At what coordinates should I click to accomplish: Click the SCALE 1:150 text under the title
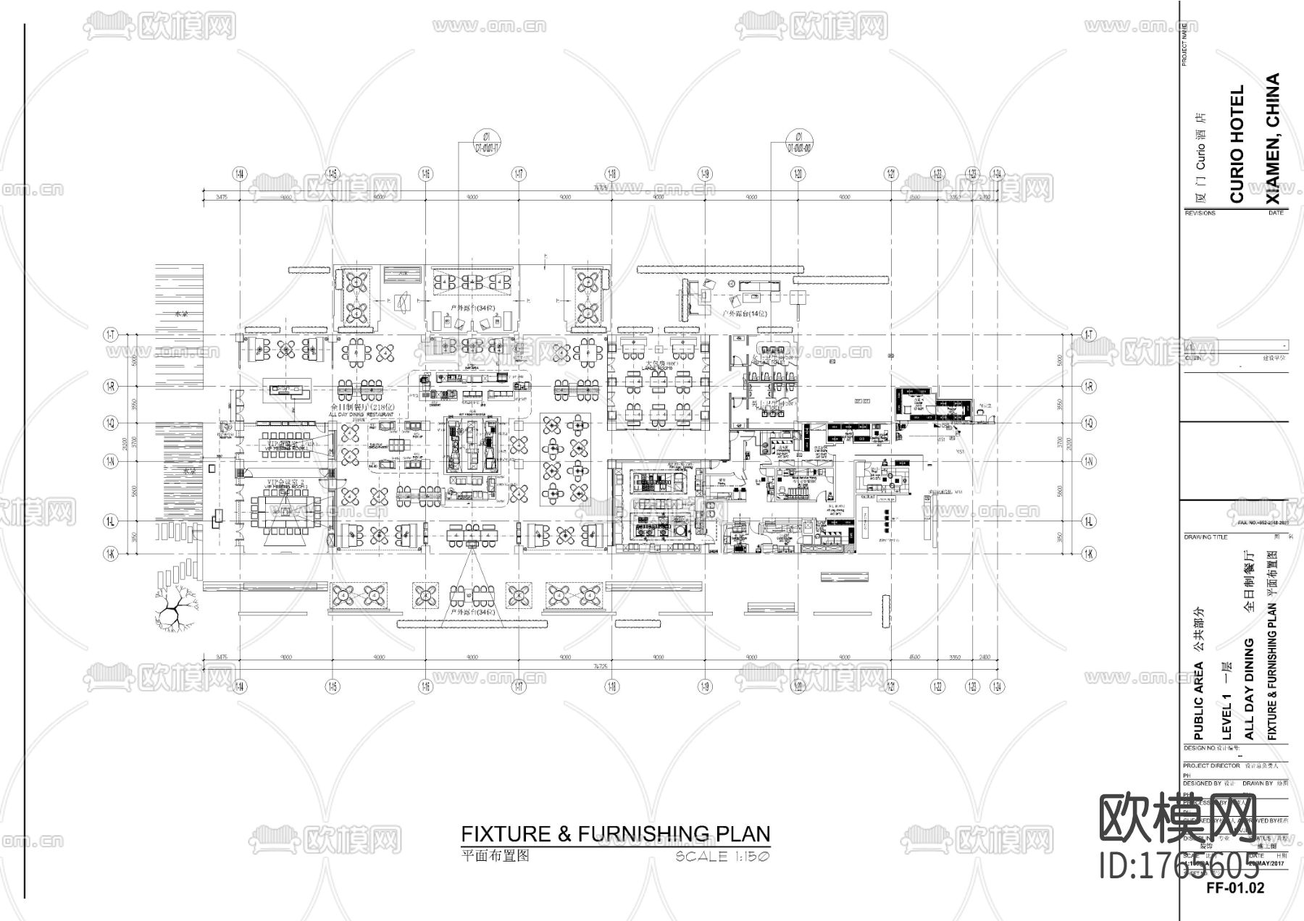point(722,857)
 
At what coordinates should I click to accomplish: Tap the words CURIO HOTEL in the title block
point(1237,144)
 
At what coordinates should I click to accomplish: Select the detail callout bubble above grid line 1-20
point(798,141)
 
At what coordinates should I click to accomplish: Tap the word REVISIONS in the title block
point(1200,213)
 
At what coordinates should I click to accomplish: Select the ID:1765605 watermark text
point(1179,866)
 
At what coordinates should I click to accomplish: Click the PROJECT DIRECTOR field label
point(1211,765)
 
